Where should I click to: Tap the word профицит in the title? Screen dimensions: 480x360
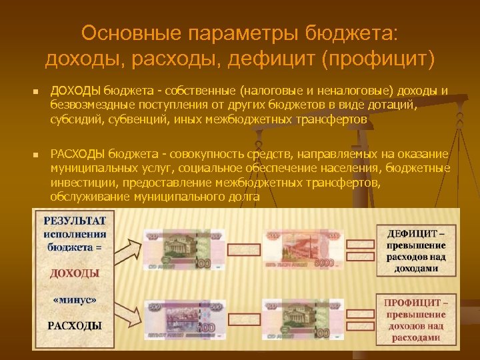(377, 59)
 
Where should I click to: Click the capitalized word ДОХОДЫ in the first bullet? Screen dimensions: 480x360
(75, 91)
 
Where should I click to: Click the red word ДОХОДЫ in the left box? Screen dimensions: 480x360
(75, 273)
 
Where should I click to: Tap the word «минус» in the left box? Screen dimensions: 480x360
(75, 301)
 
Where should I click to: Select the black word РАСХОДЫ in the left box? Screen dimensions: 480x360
(75, 326)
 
